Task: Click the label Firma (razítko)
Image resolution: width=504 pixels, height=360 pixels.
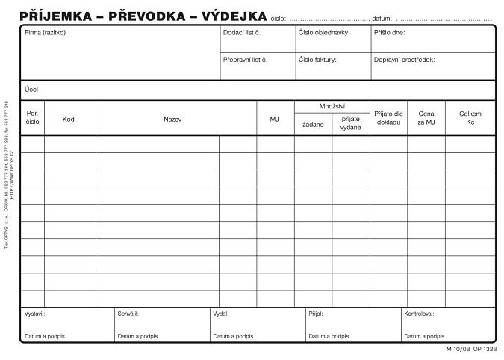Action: point(46,33)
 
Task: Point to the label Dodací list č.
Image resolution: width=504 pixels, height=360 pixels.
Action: point(241,33)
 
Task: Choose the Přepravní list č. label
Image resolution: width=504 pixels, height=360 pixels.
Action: point(245,59)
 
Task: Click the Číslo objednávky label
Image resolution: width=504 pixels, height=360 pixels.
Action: point(324,33)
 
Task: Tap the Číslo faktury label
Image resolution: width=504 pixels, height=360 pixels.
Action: point(317,59)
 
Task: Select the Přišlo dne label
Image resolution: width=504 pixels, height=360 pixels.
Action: point(390,33)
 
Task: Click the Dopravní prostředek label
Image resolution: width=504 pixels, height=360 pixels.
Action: point(404,59)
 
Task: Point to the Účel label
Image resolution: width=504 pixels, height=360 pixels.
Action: point(31,90)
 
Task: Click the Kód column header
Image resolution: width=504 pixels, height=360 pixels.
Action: point(69,119)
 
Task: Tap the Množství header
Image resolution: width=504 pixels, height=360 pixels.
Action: point(332,107)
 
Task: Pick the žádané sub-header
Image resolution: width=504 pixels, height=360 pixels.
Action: point(313,124)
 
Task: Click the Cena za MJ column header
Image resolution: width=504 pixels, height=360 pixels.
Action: point(426,118)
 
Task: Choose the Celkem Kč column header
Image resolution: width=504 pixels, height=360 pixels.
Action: point(470,118)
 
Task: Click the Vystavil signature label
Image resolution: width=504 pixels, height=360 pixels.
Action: point(35,314)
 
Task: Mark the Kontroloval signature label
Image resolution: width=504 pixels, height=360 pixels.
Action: point(419,314)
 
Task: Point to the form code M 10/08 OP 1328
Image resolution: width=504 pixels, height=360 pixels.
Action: point(471,349)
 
